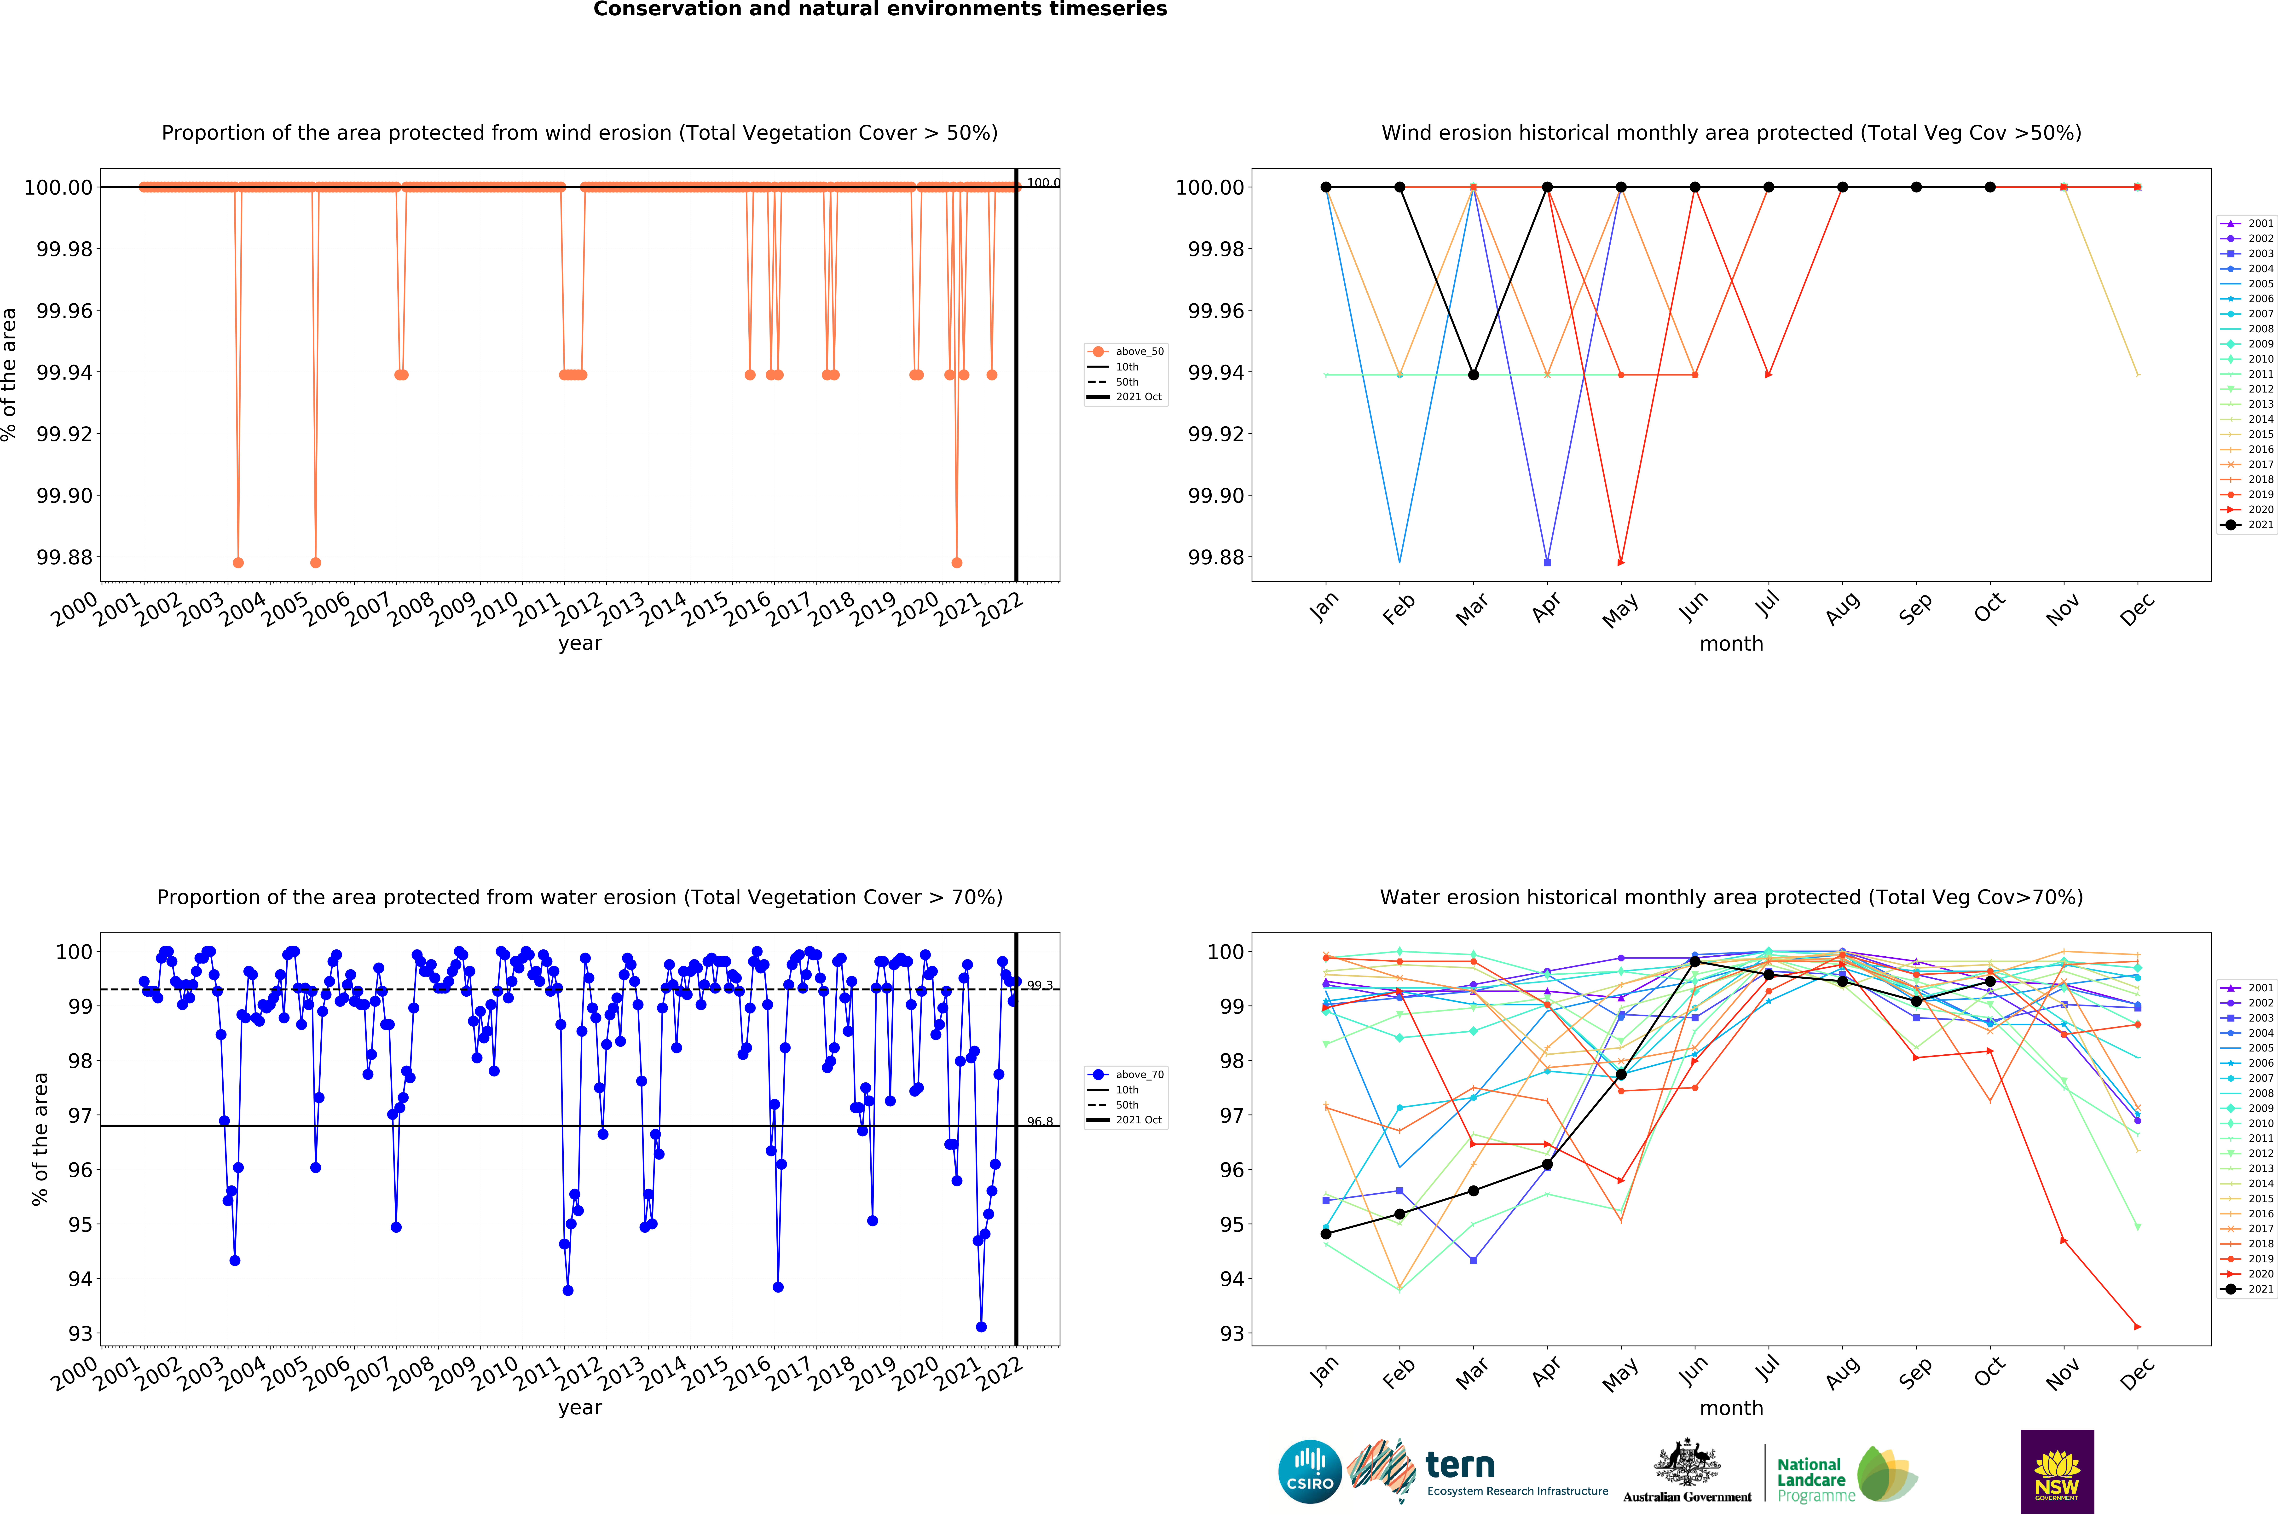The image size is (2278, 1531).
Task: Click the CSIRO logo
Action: tap(1309, 1471)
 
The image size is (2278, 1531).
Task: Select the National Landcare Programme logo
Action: tap(1845, 1474)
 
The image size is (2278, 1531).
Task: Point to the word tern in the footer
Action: tap(1460, 1465)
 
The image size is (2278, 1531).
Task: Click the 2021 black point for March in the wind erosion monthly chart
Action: tap(1474, 375)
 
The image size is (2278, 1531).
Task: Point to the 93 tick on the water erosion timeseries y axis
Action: tap(80, 1334)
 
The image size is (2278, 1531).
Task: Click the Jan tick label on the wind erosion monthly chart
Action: tap(1323, 607)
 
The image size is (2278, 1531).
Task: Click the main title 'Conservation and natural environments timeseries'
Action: tap(880, 10)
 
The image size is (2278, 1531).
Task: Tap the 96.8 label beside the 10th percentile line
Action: tap(1040, 1122)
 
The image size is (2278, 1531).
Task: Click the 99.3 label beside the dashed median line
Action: tap(1040, 985)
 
